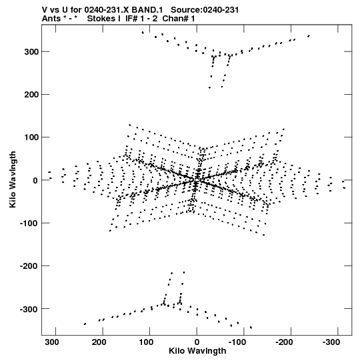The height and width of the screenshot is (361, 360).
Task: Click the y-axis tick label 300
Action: pyautogui.click(x=31, y=52)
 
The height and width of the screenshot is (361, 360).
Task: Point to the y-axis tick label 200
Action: pyautogui.click(x=31, y=95)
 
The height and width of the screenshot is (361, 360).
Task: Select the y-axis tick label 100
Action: pyautogui.click(x=31, y=137)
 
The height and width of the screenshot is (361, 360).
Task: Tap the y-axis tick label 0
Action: pyautogui.click(x=35, y=180)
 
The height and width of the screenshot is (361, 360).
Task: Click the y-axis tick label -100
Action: pyautogui.click(x=29, y=223)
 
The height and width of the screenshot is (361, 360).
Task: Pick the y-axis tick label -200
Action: pyautogui.click(x=29, y=266)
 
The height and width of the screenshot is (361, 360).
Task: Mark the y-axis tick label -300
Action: pyautogui.click(x=29, y=309)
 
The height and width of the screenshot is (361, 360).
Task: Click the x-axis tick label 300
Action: pyautogui.click(x=52, y=342)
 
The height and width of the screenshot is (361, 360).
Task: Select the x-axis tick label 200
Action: pyautogui.click(x=99, y=342)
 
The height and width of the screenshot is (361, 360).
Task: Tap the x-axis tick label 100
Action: pyautogui.click(x=146, y=342)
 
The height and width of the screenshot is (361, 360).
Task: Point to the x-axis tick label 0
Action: pyautogui.click(x=197, y=342)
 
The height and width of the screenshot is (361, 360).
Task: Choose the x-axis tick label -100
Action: pyautogui.click(x=237, y=342)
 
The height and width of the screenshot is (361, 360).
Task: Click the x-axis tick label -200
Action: pyautogui.click(x=284, y=342)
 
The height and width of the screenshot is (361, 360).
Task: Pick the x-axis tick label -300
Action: pyautogui.click(x=331, y=342)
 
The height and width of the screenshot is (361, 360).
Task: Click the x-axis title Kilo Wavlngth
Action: pyautogui.click(x=197, y=351)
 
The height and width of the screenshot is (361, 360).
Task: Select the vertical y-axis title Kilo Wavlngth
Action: pyautogui.click(x=13, y=179)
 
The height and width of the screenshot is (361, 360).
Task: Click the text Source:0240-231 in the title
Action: pyautogui.click(x=205, y=10)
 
